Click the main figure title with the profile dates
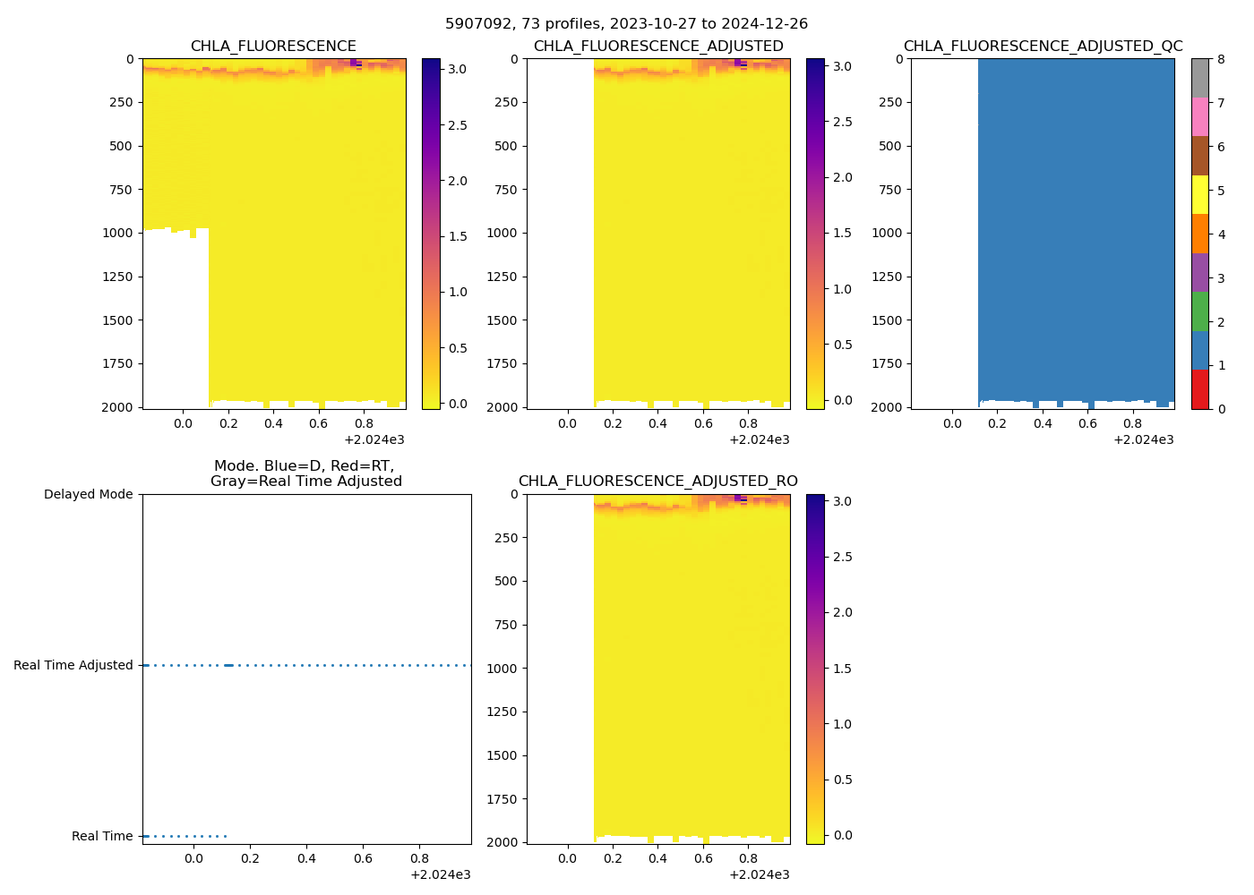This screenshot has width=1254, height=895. tap(626, 24)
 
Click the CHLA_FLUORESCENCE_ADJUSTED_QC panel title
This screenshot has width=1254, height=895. tap(1043, 47)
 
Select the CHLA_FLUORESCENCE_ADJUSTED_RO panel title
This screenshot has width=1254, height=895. tap(657, 482)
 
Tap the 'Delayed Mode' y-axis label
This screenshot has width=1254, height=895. tap(88, 494)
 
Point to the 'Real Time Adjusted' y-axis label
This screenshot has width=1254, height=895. tap(73, 665)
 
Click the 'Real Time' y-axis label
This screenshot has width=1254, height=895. tap(102, 836)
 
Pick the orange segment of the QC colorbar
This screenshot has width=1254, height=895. tap(1199, 234)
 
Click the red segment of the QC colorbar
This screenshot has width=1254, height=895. tap(1199, 389)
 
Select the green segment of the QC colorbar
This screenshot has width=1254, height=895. tap(1199, 311)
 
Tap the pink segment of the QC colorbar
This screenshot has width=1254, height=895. tap(1199, 117)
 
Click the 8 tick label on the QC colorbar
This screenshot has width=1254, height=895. tap(1221, 60)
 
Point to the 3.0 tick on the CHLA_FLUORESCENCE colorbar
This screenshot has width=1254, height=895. tap(457, 69)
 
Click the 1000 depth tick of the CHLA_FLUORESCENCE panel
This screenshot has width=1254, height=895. tap(118, 233)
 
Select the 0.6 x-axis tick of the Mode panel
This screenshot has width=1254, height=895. tap(363, 858)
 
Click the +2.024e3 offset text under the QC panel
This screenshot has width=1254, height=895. tap(1143, 439)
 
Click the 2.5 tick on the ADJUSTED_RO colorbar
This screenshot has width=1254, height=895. tap(842, 557)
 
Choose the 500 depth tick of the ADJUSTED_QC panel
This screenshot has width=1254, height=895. tap(889, 146)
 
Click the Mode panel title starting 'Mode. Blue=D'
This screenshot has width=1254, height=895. tap(305, 473)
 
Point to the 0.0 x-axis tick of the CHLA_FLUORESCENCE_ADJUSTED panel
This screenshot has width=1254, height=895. tap(567, 423)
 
